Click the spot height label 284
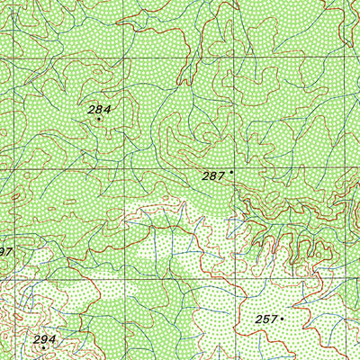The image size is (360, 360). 99,109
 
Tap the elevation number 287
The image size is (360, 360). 213,176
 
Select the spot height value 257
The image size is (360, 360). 266,319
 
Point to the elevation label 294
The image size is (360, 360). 45,339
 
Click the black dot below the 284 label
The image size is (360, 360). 99,119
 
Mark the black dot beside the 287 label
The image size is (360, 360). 231,171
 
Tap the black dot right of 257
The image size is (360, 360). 283,318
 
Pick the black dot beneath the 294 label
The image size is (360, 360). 44,347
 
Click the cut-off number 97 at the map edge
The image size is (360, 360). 4,251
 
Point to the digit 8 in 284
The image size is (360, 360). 99,109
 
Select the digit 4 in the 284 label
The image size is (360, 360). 106,109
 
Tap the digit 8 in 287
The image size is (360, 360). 213,176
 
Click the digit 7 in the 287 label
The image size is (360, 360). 220,176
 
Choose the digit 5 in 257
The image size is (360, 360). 266,319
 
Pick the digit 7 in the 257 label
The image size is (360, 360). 274,319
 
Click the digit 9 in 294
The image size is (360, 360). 45,339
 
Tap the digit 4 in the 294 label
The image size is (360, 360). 52,339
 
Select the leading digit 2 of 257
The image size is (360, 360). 259,319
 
